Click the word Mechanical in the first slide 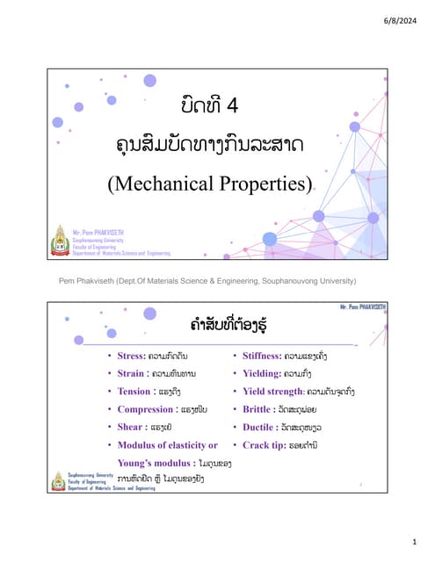pos(163,184)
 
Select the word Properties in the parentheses pos(263,184)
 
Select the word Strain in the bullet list pos(124,375)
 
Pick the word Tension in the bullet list pos(127,392)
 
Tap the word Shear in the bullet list pos(122,427)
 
